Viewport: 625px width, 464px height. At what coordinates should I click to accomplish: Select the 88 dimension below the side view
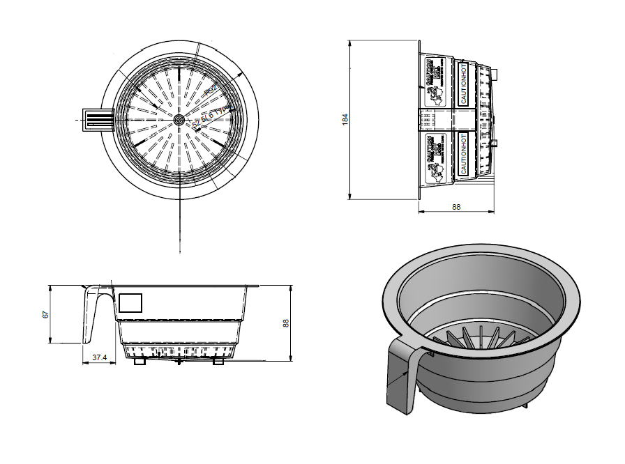(456, 207)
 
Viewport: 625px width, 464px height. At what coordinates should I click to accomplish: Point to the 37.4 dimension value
(100, 358)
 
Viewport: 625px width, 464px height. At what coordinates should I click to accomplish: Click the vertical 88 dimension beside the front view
(285, 323)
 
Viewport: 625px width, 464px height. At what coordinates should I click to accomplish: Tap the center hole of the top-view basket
(179, 120)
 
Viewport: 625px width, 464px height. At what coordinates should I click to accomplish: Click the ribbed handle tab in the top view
(96, 120)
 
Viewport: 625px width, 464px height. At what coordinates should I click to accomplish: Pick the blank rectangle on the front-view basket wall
(131, 302)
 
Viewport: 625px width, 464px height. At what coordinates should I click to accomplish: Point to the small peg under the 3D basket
(525, 403)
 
